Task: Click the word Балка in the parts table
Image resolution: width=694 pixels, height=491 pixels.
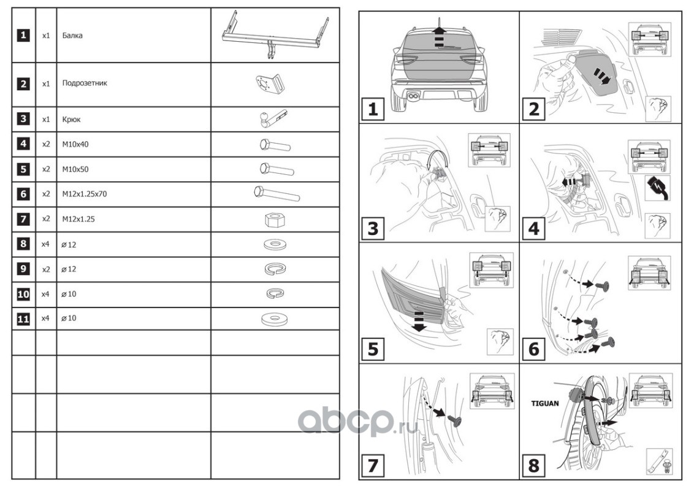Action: point(72,36)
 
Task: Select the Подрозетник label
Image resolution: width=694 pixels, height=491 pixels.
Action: point(85,83)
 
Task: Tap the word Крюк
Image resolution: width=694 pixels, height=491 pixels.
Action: point(71,120)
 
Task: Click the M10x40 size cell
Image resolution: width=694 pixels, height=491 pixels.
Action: point(75,144)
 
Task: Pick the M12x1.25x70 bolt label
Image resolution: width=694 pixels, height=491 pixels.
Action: point(85,194)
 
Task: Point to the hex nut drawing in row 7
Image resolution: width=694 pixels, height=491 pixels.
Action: point(275,220)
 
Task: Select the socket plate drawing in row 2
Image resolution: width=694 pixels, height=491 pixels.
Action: point(270,84)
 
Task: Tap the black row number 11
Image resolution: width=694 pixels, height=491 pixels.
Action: point(23,319)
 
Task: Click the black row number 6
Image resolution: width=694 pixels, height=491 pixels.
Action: point(23,194)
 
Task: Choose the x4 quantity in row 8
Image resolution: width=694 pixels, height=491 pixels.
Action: point(45,244)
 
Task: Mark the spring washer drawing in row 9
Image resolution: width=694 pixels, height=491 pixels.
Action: point(275,269)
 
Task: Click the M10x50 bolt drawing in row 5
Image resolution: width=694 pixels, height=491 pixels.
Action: point(276,169)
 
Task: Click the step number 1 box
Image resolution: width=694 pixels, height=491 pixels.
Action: point(373,109)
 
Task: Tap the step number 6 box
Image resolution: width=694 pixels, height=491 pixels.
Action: point(534,349)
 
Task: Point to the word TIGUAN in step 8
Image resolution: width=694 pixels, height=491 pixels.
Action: point(545,404)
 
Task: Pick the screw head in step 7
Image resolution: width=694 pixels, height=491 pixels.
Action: point(454,420)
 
